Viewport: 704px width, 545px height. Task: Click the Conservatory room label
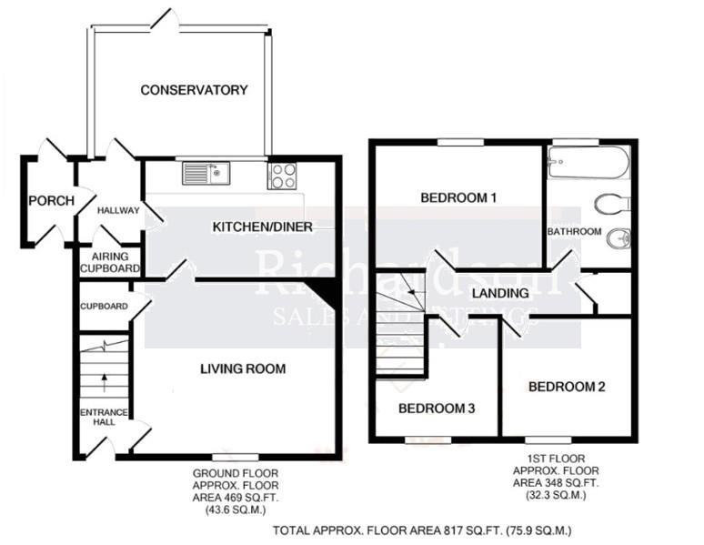coord(194,89)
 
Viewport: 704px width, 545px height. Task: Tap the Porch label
coord(50,201)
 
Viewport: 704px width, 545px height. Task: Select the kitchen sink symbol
coord(206,173)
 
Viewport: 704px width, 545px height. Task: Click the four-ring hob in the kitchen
coord(282,175)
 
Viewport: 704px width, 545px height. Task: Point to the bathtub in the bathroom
coord(588,164)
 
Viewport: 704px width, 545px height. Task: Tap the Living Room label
coord(243,368)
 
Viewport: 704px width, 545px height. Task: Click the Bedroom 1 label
coord(457,197)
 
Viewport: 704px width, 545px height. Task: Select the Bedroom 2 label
coord(567,387)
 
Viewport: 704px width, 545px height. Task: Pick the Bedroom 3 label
coord(437,409)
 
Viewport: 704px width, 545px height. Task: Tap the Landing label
coord(500,293)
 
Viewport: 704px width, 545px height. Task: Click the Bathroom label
coord(575,232)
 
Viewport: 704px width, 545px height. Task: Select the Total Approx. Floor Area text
coord(421,530)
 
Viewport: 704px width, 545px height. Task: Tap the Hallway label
coord(118,211)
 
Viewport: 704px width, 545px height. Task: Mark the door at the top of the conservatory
coord(165,20)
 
